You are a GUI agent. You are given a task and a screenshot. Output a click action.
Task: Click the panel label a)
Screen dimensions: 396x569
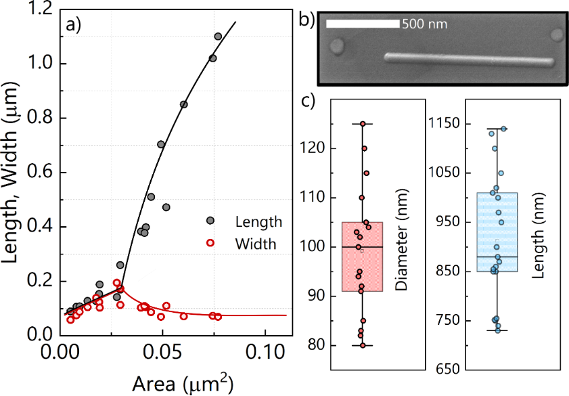pyautogui.click(x=73, y=25)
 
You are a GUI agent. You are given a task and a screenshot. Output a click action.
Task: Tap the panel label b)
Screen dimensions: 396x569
pyautogui.click(x=306, y=20)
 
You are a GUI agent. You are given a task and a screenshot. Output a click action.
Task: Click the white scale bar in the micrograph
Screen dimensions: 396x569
pyautogui.click(x=363, y=24)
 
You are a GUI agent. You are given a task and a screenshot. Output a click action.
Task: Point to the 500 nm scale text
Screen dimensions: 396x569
pyautogui.click(x=424, y=24)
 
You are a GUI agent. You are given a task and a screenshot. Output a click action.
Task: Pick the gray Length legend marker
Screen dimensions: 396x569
pyautogui.click(x=210, y=221)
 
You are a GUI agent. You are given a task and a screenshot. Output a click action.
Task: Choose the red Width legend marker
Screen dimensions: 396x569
pyautogui.click(x=210, y=244)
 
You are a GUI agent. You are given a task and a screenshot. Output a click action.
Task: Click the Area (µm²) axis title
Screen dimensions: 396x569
pyautogui.click(x=165, y=382)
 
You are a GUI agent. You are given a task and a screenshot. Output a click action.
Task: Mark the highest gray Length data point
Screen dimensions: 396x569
pyautogui.click(x=218, y=37)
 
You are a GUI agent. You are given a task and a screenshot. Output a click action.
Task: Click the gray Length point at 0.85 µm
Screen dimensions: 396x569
pyautogui.click(x=183, y=104)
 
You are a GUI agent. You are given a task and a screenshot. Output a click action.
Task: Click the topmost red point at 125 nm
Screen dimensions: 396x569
pyautogui.click(x=363, y=124)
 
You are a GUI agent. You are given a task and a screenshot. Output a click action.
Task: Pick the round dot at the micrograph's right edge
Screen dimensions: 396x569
pyautogui.click(x=557, y=35)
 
